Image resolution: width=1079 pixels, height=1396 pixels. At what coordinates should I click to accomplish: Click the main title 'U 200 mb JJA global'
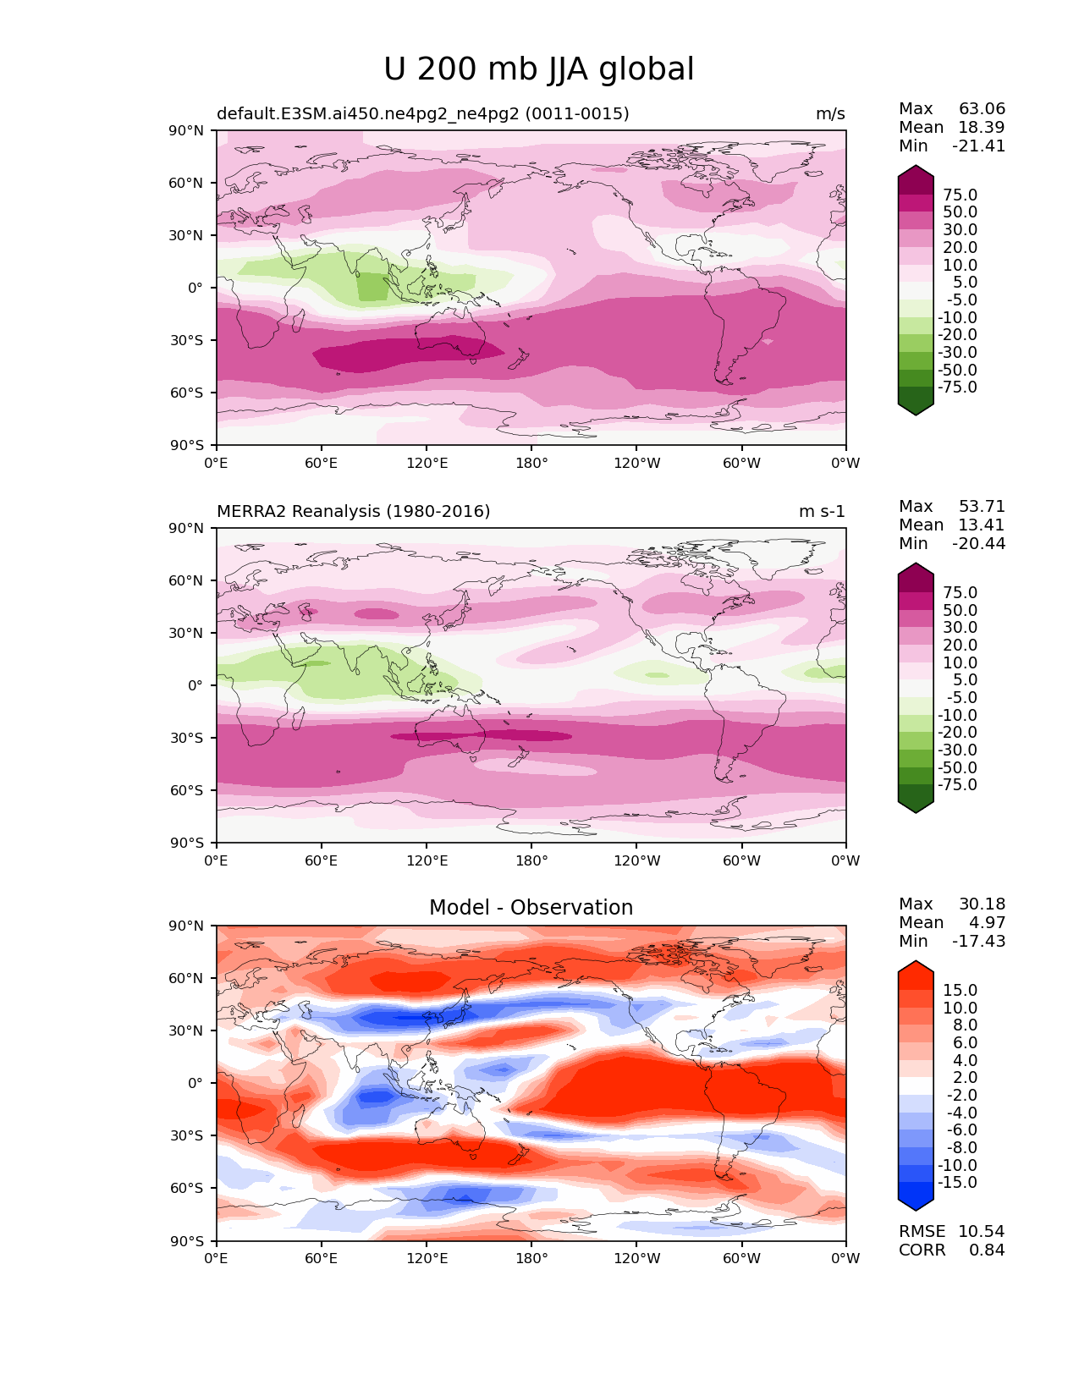click(538, 69)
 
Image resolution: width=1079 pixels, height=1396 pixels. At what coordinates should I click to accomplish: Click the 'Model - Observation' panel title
click(531, 907)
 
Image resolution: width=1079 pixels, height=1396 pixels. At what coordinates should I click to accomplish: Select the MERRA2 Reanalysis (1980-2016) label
click(353, 511)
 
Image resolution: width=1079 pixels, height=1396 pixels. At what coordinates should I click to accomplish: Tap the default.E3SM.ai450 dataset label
click(423, 113)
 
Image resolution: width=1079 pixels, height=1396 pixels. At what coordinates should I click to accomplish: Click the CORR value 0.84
click(987, 1250)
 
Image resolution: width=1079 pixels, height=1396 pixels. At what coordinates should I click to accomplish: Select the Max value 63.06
click(982, 108)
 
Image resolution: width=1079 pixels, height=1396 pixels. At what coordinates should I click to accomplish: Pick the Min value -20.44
click(978, 543)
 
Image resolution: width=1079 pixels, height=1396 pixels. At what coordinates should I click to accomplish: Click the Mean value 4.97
click(987, 922)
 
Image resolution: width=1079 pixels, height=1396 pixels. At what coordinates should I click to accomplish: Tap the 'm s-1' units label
click(822, 511)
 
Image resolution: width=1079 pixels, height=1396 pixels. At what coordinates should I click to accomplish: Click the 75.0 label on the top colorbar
click(961, 195)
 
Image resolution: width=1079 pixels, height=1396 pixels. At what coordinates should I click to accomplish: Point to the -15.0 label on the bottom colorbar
click(957, 1182)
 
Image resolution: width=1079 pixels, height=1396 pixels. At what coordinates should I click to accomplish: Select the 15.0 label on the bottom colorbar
click(961, 990)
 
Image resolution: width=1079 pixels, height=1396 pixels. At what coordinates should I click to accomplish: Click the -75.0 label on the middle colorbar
click(957, 784)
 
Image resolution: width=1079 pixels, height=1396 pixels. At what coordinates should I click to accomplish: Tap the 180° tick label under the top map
click(531, 463)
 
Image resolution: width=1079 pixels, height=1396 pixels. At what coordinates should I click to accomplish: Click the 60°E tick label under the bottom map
click(322, 1258)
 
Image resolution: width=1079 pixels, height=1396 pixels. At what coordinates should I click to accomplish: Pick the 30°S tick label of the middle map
click(186, 738)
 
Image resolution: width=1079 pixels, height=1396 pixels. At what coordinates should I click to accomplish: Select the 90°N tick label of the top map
click(186, 131)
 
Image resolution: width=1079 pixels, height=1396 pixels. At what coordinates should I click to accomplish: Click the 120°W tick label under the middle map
click(637, 860)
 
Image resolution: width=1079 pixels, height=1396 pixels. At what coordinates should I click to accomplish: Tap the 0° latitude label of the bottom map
click(195, 1084)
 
